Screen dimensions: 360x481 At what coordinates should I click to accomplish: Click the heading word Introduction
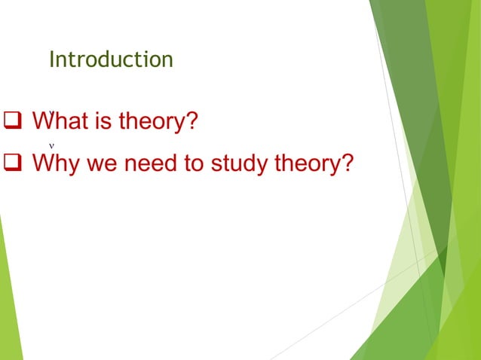(x=111, y=59)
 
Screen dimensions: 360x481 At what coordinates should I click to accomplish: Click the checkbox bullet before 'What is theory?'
(x=13, y=121)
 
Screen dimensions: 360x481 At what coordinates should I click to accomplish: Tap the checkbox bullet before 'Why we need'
(x=13, y=163)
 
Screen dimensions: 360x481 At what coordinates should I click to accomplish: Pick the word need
(x=148, y=163)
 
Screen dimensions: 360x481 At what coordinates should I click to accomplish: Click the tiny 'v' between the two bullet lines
(x=51, y=145)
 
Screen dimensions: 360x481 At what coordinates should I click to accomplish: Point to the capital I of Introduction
(x=51, y=59)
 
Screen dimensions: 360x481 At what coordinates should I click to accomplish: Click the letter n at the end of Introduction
(x=167, y=61)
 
